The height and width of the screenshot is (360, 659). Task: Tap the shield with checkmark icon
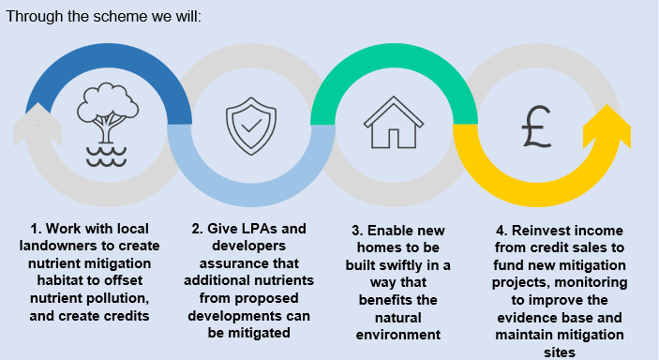click(x=250, y=126)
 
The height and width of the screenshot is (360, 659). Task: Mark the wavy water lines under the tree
click(x=106, y=155)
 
